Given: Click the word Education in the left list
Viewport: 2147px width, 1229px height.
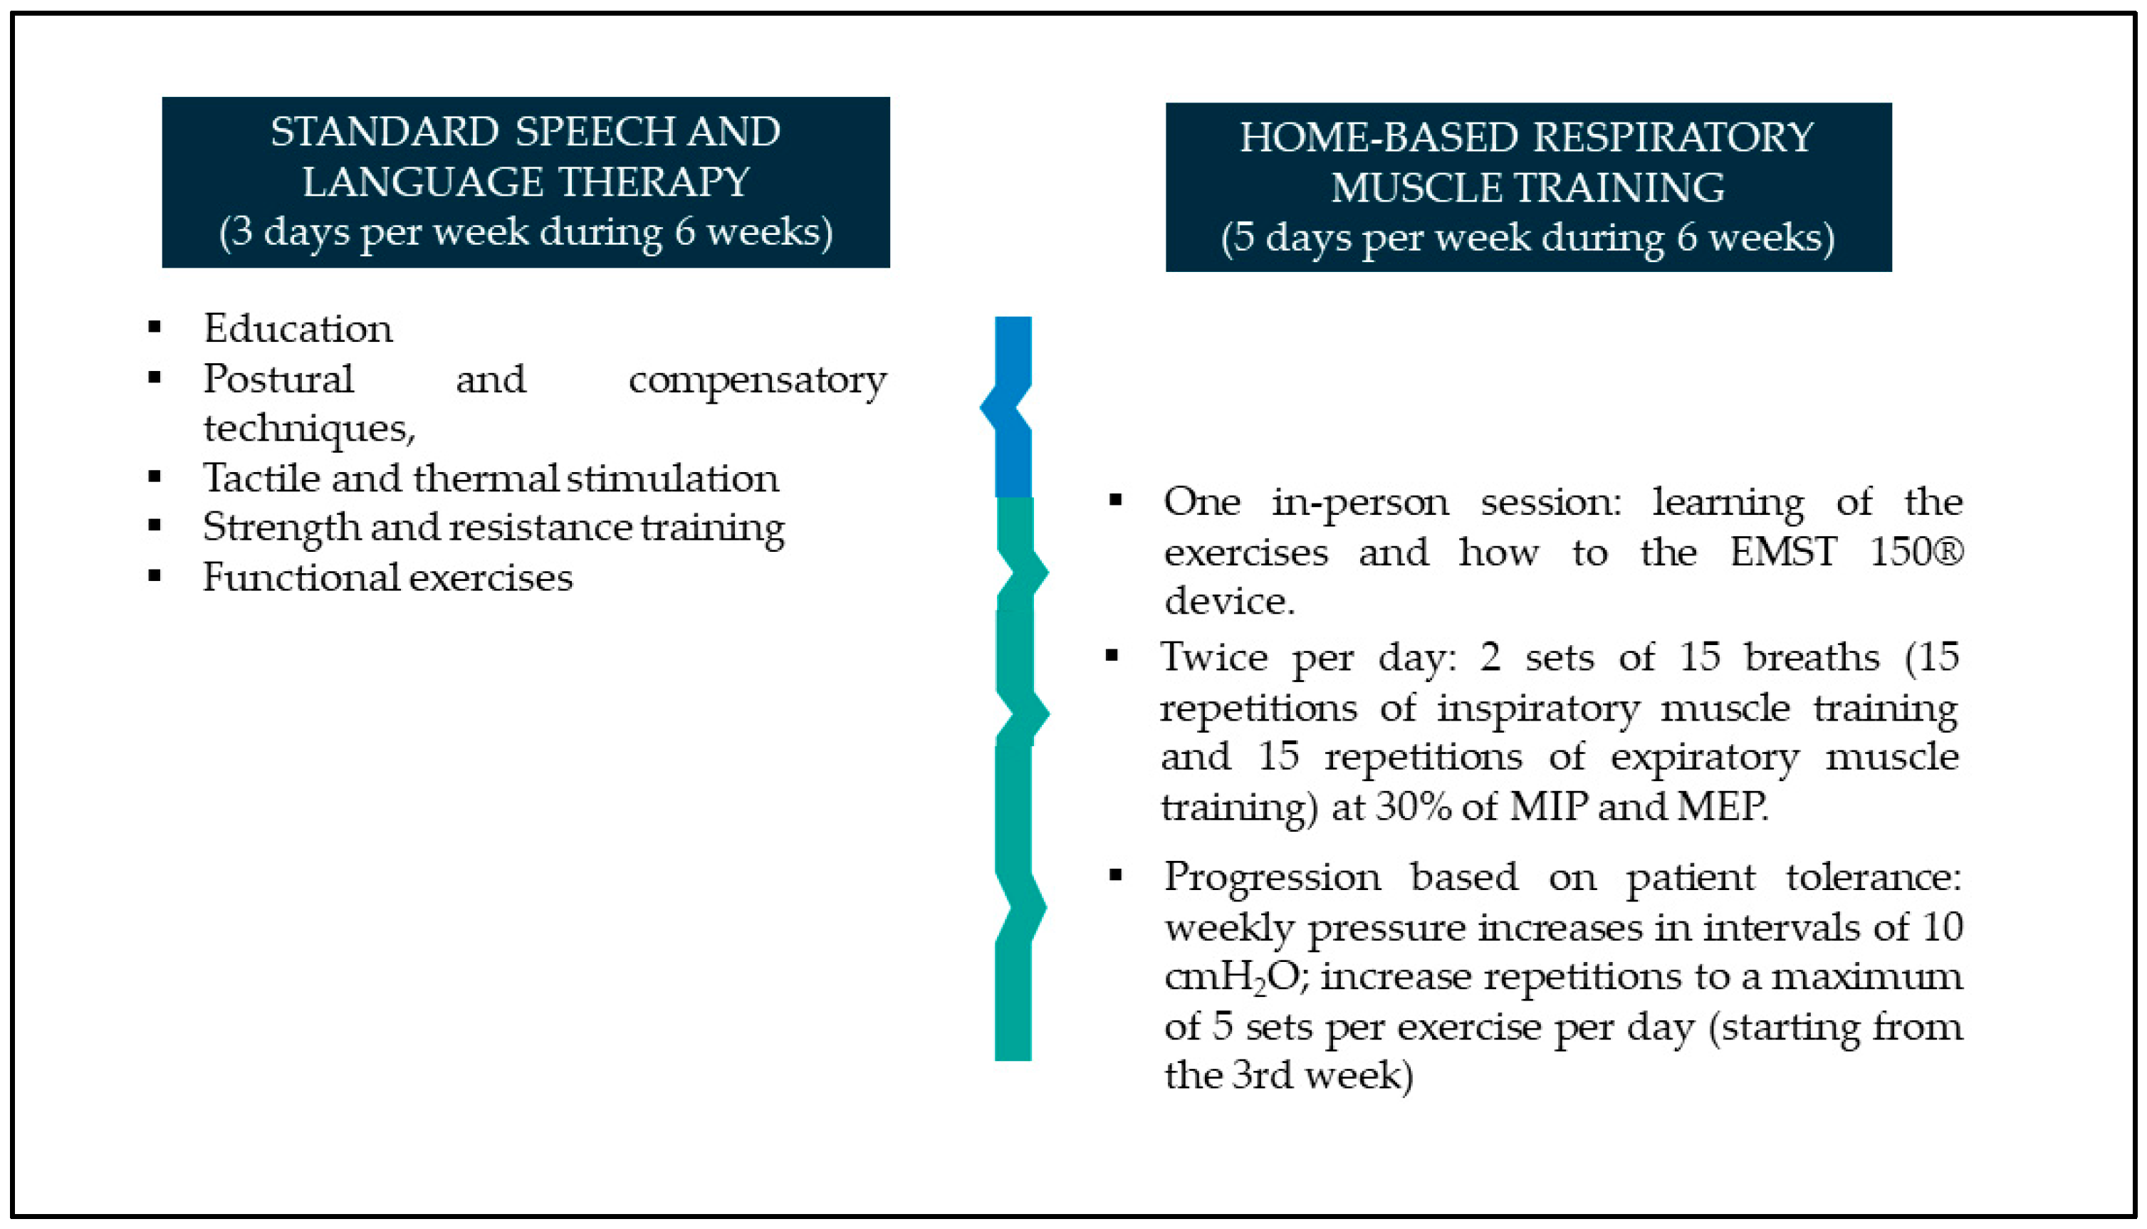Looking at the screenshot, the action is click(x=298, y=328).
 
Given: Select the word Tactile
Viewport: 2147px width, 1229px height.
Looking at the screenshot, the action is click(x=261, y=478).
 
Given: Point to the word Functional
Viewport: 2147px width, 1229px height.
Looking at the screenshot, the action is click(x=301, y=577).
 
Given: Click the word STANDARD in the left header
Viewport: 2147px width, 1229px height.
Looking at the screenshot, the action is click(x=385, y=132).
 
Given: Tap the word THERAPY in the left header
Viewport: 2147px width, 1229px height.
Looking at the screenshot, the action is click(x=653, y=182).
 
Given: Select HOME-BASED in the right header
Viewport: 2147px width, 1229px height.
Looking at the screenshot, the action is click(x=1378, y=137).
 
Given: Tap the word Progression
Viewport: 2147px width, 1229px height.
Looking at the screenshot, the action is click(x=1273, y=878).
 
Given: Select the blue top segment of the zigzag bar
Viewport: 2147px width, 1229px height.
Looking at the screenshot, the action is click(x=1010, y=407).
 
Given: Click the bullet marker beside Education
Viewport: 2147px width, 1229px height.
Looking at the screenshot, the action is click(x=155, y=328).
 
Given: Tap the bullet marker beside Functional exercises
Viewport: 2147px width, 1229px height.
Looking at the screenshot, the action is click(x=155, y=577).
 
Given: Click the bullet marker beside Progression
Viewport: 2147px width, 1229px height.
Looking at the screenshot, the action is click(x=1116, y=875).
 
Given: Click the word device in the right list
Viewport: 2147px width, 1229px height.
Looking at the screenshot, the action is click(x=1230, y=601).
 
